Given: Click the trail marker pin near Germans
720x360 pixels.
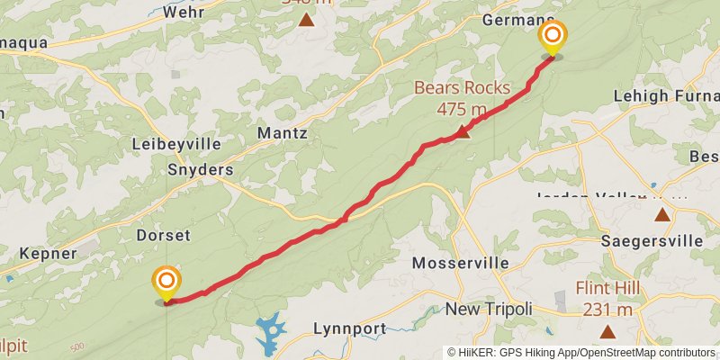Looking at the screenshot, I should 553,38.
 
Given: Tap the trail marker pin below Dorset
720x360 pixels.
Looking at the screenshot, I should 166,283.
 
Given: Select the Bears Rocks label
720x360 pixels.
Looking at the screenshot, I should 462,98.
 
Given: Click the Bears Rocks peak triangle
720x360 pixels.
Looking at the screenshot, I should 461,132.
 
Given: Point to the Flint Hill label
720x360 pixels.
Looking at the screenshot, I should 607,300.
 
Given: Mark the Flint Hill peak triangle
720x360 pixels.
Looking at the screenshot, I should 608,332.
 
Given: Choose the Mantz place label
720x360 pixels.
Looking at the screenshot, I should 283,133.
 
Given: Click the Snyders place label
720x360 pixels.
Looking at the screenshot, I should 200,169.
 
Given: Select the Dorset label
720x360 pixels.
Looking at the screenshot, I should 163,236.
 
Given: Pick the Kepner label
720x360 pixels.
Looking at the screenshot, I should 48,254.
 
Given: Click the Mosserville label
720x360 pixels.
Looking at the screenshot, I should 460,264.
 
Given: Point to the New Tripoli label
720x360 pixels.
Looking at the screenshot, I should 489,310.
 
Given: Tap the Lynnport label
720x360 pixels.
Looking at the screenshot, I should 354,328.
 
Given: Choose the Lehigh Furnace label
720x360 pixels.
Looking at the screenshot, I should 665,95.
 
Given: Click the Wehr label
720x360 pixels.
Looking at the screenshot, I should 184,14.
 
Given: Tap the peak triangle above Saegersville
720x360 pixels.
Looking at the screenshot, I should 662,215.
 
